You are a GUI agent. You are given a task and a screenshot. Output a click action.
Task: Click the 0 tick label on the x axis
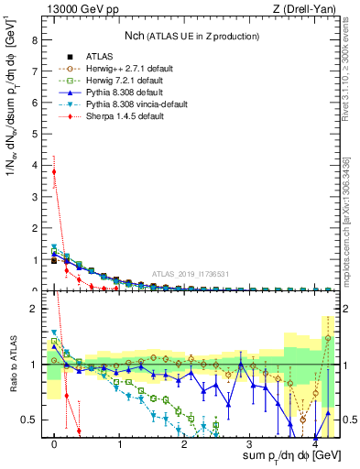click(x=55, y=444)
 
